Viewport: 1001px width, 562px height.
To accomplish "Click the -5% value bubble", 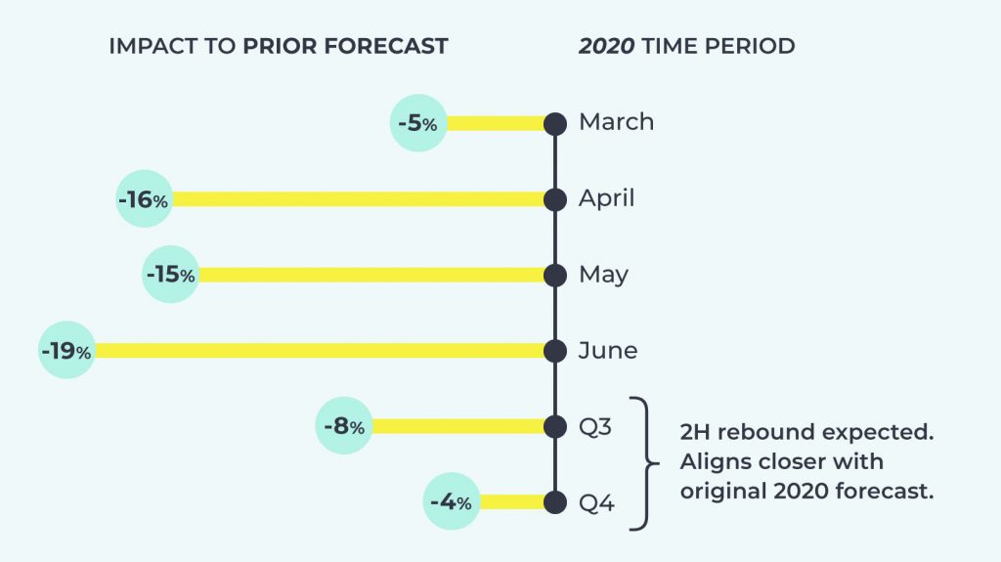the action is point(418,122).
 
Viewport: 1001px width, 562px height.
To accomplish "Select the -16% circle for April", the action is point(145,198).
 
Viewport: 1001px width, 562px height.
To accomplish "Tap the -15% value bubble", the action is point(170,275).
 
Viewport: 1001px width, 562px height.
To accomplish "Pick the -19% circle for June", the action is point(67,350).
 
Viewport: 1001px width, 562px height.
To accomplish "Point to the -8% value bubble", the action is point(344,426).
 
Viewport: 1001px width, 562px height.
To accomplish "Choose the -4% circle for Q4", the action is point(452,501).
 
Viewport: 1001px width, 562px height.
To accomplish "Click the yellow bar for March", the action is point(496,123).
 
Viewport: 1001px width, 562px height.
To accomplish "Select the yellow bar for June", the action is point(320,351).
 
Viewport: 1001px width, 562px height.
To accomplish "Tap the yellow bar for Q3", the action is point(458,426).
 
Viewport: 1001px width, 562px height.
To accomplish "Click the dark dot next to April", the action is point(555,199).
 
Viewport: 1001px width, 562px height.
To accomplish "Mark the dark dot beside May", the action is point(555,276).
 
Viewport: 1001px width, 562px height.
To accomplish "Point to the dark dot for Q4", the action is point(555,502).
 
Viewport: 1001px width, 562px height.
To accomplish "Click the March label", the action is point(616,121).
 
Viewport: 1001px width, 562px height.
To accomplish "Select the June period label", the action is point(608,350).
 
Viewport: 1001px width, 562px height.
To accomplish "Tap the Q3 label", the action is point(595,426).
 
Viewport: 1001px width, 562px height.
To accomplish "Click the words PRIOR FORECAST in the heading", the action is point(345,46).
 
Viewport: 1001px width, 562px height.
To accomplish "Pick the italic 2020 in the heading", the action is point(606,46).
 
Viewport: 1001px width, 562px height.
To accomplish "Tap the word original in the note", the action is point(723,491).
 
